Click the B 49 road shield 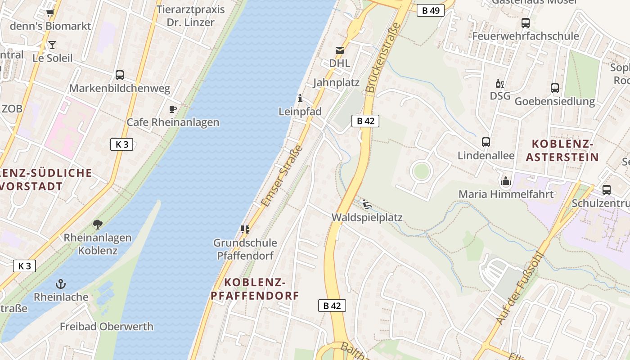tap(430, 10)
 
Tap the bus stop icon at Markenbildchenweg tap(119, 75)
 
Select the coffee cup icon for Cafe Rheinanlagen tap(172, 109)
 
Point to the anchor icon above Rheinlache tap(61, 284)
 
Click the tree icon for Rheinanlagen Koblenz tap(97, 224)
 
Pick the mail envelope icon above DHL tap(339, 50)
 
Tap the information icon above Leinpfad tap(300, 98)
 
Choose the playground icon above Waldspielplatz tap(367, 204)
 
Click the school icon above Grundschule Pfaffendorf tap(245, 229)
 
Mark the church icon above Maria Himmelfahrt tap(506, 181)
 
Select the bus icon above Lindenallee tap(486, 142)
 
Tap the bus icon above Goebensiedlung tap(555, 88)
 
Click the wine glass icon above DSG tap(500, 83)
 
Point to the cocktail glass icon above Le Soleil tap(52, 45)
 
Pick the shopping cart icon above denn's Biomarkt tap(50, 13)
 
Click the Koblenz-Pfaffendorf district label tap(255, 289)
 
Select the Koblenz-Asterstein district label tap(562, 150)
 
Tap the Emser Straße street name tap(281, 176)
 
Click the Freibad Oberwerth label tap(107, 327)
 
